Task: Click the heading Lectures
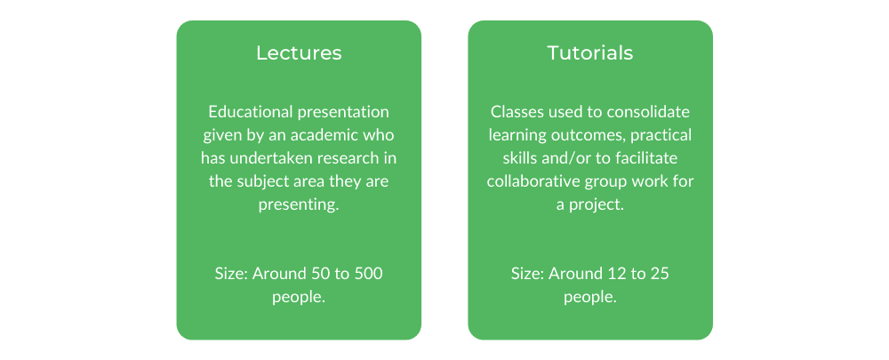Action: click(x=299, y=52)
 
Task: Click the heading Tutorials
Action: click(x=590, y=52)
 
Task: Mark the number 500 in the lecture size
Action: click(x=367, y=274)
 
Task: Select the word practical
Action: click(x=658, y=136)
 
